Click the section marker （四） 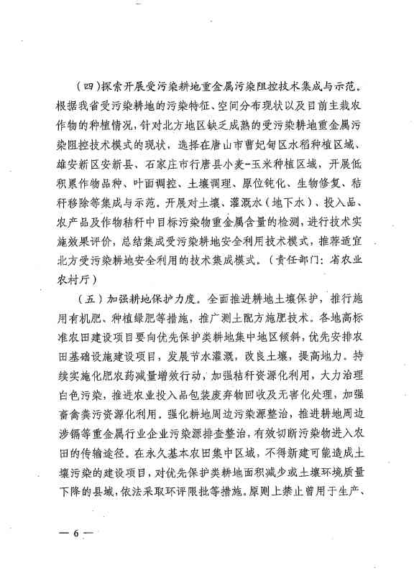tap(89, 94)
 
